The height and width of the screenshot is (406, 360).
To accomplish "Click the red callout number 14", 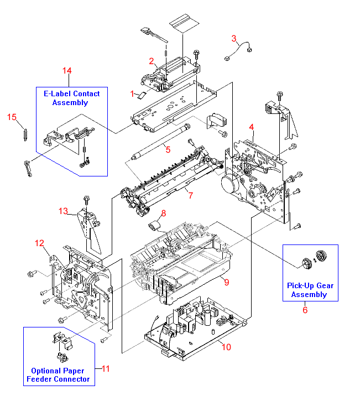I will (x=67, y=70).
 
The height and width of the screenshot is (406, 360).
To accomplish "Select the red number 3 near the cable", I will (x=234, y=38).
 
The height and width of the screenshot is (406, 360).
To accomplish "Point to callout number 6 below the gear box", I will (x=304, y=310).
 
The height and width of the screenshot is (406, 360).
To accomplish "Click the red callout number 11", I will (x=106, y=368).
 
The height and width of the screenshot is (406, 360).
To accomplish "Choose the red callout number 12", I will (x=39, y=243).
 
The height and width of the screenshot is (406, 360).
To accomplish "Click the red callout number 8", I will (x=163, y=214).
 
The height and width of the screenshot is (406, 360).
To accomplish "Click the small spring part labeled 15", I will (x=25, y=134).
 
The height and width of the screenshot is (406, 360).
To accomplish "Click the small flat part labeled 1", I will (x=143, y=95).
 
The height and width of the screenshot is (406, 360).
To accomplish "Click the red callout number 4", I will (x=251, y=128).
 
